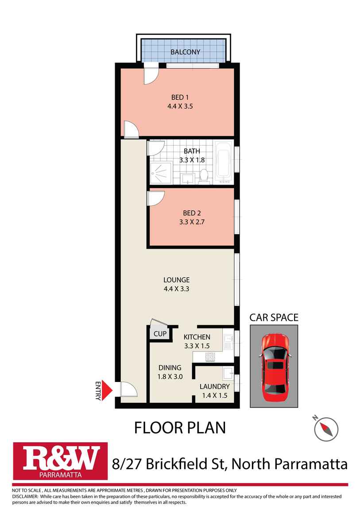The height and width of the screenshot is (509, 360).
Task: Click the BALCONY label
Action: [186, 52]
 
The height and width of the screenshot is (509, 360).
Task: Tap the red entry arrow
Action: [108, 390]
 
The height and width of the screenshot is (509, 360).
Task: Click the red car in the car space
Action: [274, 368]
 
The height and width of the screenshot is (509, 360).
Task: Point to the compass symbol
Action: [326, 428]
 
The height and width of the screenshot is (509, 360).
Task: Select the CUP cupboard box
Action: [159, 334]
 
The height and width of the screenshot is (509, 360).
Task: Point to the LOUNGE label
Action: [176, 280]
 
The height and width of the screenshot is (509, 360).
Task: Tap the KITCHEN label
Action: [197, 337]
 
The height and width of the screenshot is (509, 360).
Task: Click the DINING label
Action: [170, 367]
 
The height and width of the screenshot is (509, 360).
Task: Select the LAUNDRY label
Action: [214, 386]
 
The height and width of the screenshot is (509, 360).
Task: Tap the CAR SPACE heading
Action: [274, 317]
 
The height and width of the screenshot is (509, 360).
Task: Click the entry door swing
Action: [129, 389]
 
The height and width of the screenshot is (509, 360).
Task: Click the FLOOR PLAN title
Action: [180, 428]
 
